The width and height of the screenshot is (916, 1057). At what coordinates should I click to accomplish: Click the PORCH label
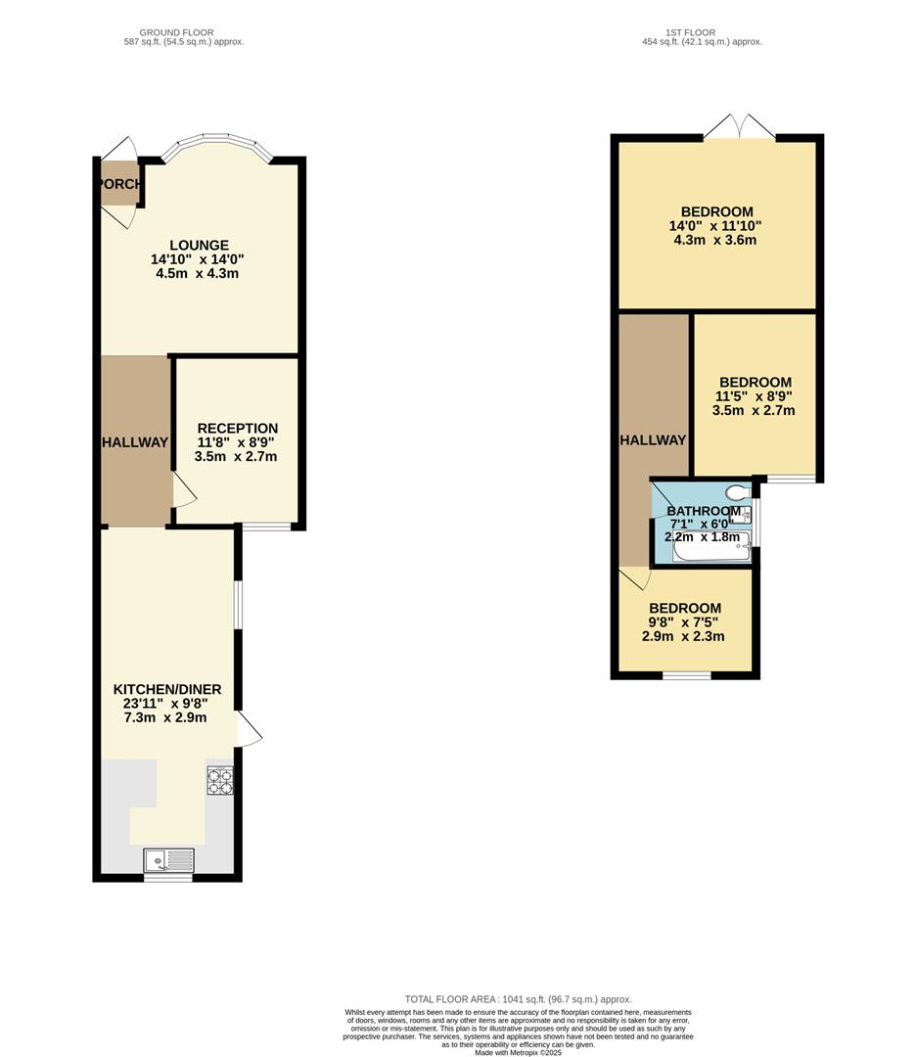pyautogui.click(x=119, y=184)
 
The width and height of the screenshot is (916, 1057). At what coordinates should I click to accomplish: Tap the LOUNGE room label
pyautogui.click(x=199, y=246)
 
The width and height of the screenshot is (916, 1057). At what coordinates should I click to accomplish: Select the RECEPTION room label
pyautogui.click(x=237, y=429)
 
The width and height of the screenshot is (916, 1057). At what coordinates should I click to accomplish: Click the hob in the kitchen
pyautogui.click(x=219, y=780)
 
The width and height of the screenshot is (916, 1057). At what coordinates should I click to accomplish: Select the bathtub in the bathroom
pyautogui.click(x=711, y=547)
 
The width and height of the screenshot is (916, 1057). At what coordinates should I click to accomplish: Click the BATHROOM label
pyautogui.click(x=704, y=512)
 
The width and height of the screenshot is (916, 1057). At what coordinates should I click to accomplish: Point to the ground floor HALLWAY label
pyautogui.click(x=136, y=442)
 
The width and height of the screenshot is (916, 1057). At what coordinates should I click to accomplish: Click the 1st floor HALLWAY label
pyautogui.click(x=653, y=440)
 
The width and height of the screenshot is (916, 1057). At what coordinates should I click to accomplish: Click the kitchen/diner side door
pyautogui.click(x=249, y=730)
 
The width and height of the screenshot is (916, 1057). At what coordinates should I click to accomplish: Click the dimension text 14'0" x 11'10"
pyautogui.click(x=716, y=226)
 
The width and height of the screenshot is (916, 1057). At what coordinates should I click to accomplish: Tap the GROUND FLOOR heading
pyautogui.click(x=176, y=32)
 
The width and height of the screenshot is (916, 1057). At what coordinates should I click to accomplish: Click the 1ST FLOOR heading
pyautogui.click(x=686, y=32)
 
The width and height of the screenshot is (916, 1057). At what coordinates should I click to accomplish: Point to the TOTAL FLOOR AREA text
pyautogui.click(x=518, y=999)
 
